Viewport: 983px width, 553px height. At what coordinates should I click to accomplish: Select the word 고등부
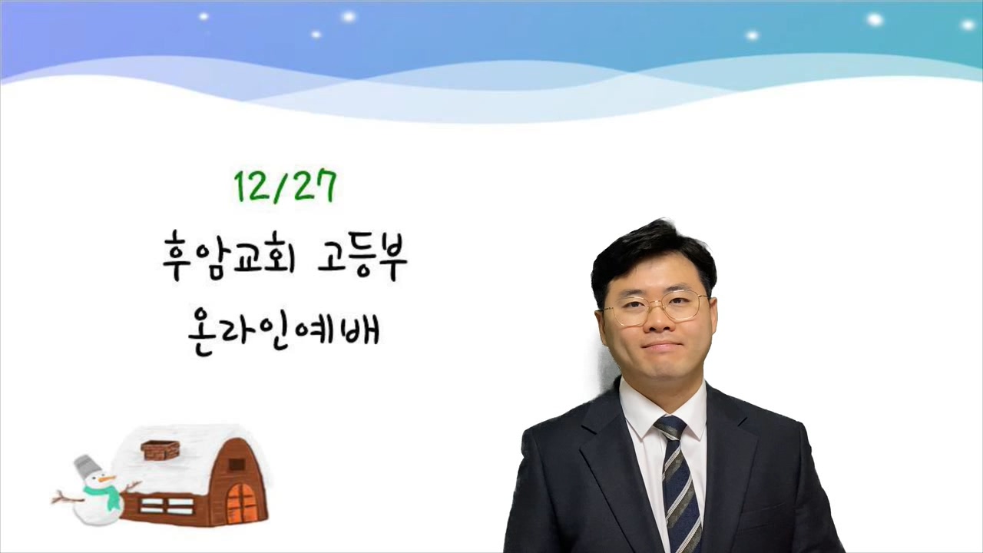[x=362, y=257]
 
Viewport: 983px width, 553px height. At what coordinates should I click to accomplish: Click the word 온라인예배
[x=283, y=331]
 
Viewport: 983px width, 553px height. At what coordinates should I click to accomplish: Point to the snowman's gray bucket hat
[x=86, y=466]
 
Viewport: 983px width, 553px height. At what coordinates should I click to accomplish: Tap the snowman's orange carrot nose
[x=108, y=478]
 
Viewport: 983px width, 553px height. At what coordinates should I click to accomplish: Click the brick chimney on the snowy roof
[x=161, y=450]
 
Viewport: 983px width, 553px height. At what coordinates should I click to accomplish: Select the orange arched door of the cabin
[x=241, y=503]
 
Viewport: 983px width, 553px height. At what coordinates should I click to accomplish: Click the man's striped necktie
[x=678, y=483]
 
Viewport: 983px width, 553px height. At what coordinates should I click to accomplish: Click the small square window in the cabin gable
[x=237, y=465]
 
